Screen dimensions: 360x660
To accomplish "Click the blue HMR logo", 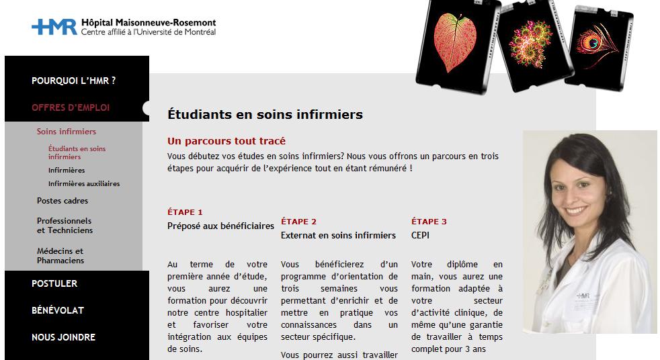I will click(54, 27).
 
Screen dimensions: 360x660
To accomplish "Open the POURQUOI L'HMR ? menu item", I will click(74, 81).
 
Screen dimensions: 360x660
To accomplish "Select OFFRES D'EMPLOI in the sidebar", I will click(71, 107).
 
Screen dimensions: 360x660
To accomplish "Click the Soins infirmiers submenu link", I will click(66, 132).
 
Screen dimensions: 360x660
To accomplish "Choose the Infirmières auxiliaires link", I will click(84, 183).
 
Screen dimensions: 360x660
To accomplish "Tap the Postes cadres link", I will click(63, 200).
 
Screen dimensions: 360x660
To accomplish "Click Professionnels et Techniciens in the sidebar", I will click(65, 225).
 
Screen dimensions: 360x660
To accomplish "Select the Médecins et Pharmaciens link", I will click(60, 255).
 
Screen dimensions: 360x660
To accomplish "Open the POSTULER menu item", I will click(54, 283).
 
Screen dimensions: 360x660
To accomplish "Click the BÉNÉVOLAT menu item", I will click(58, 310).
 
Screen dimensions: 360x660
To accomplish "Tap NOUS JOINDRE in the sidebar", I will click(64, 337).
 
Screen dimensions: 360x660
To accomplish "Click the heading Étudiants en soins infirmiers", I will click(265, 115).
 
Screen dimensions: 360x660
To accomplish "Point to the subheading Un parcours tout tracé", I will click(226, 141).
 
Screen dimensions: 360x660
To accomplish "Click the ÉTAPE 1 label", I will click(185, 212).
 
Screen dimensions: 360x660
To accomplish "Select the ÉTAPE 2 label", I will click(298, 222).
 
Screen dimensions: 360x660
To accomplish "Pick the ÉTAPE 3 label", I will click(429, 222).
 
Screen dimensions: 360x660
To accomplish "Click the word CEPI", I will click(420, 235).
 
